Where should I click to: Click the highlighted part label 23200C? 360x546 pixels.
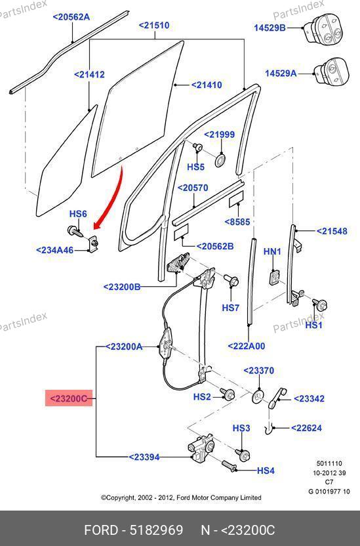click(x=69, y=398)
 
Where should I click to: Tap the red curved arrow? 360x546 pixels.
click(x=115, y=202)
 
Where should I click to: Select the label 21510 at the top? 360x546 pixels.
click(x=154, y=26)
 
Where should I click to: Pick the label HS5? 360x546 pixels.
click(x=195, y=167)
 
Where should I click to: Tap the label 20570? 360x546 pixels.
click(x=193, y=188)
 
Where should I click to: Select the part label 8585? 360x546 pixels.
click(x=237, y=222)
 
